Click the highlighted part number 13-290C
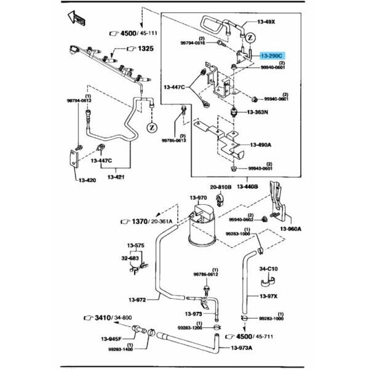(x=273, y=55)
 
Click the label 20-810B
(x=220, y=186)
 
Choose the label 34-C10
(x=269, y=268)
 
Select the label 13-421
(x=116, y=177)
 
